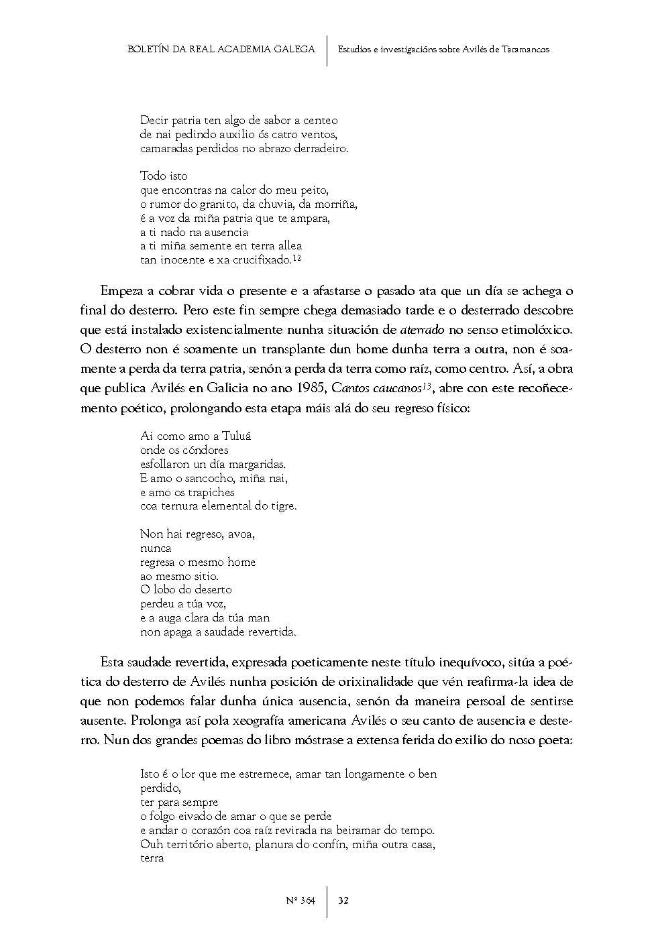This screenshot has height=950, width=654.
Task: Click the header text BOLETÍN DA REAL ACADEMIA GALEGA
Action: click(x=221, y=50)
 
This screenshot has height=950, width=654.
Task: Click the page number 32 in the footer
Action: click(x=343, y=900)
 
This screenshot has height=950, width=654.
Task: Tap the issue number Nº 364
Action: click(x=300, y=900)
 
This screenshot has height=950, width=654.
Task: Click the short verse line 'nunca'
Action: click(x=156, y=548)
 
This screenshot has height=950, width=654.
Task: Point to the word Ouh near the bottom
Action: click(x=150, y=844)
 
